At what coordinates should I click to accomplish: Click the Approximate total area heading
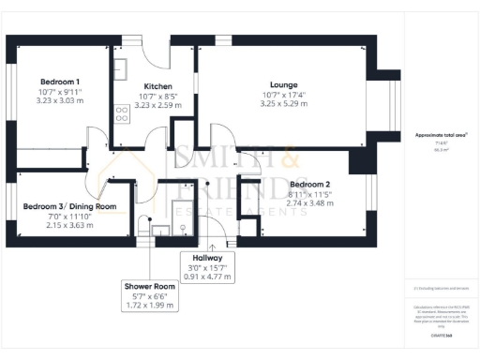(x=441, y=135)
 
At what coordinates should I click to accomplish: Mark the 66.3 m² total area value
(x=441, y=149)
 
